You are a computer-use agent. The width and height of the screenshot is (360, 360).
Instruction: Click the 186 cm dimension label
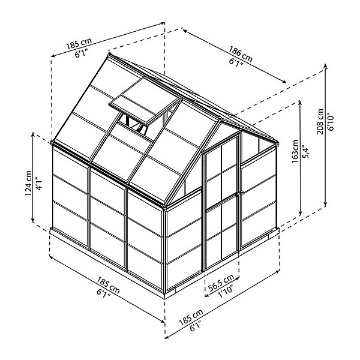(241, 54)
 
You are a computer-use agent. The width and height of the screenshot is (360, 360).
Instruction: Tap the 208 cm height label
(320, 121)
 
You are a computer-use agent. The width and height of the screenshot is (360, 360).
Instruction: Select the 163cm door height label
(295, 151)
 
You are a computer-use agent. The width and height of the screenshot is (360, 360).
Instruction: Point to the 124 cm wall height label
(28, 183)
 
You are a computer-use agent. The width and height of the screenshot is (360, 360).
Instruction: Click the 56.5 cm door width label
(221, 283)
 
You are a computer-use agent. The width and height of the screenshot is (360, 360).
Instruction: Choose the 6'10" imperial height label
(331, 121)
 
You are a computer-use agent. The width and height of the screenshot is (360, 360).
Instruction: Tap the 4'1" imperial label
(39, 183)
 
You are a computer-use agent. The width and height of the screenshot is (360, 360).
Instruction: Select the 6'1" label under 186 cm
(236, 63)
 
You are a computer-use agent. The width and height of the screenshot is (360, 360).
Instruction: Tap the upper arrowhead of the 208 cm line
(326, 66)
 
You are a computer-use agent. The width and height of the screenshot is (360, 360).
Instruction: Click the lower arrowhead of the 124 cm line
(33, 220)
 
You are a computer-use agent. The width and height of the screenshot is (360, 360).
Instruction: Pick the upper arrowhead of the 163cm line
(300, 103)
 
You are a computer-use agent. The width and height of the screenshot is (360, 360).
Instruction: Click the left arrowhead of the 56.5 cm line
(206, 295)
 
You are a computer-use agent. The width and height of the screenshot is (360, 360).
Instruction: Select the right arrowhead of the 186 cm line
(284, 81)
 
